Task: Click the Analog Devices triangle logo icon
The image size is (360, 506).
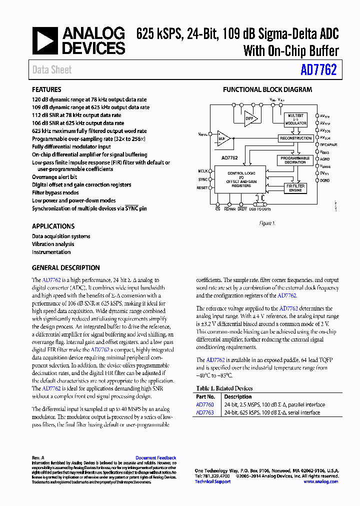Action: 45,40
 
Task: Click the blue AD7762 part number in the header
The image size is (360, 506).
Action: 318,70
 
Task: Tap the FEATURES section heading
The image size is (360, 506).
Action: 46,90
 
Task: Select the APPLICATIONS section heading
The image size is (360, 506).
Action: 53,226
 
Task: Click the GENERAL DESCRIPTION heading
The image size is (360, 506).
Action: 65,267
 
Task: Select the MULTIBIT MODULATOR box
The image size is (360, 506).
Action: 295,120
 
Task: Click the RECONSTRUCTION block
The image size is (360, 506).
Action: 295,138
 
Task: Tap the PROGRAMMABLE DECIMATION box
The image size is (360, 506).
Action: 295,160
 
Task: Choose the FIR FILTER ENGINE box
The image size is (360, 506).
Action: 295,187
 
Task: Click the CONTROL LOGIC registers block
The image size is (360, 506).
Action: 234,179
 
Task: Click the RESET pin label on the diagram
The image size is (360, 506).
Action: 202,187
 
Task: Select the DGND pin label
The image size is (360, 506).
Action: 325,180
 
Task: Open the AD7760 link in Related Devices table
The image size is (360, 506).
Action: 204,405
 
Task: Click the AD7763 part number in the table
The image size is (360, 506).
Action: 204,412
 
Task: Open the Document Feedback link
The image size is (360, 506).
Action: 155,458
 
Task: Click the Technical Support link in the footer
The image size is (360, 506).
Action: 212,481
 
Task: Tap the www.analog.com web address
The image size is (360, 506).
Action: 320,481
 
